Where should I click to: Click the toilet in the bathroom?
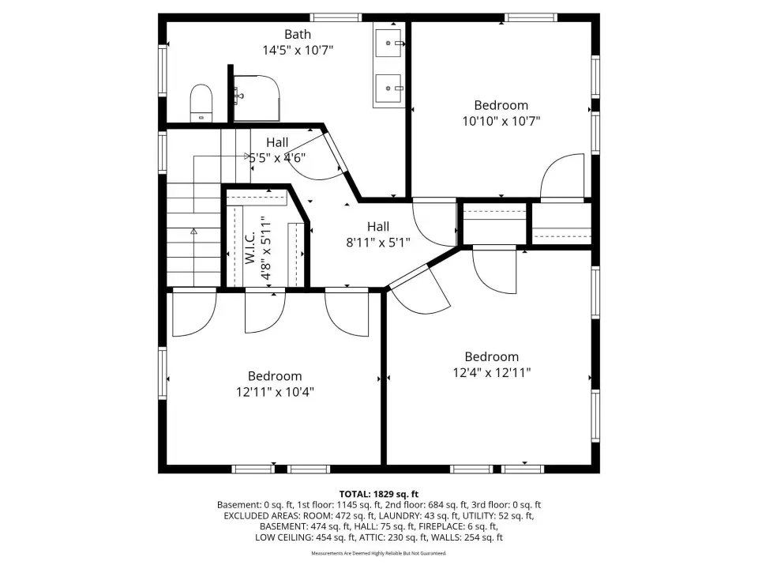click(x=201, y=103)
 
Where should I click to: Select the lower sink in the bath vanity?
click(x=388, y=88)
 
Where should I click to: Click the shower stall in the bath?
click(x=257, y=98)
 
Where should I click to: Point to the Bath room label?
click(x=298, y=34)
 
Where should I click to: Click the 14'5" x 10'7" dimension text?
click(x=298, y=50)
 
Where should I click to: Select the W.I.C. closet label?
click(x=250, y=247)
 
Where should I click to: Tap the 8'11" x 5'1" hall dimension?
click(x=378, y=242)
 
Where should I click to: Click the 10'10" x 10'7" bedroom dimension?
click(x=501, y=121)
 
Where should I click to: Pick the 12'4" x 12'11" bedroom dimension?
click(x=492, y=372)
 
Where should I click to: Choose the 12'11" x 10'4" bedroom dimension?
click(x=275, y=391)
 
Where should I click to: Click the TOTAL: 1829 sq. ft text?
click(x=378, y=494)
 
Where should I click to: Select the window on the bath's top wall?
click(x=336, y=17)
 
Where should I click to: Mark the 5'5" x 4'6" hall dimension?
click(x=277, y=158)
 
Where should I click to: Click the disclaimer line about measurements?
click(x=378, y=553)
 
